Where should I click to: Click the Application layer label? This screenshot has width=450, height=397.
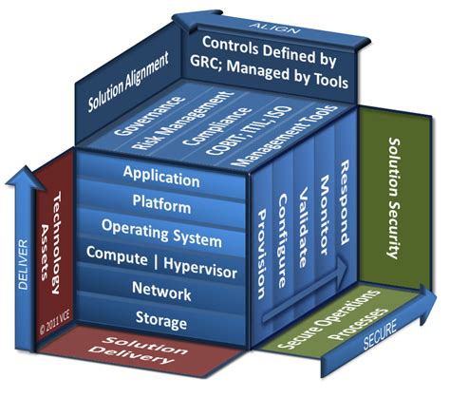pos(161,177)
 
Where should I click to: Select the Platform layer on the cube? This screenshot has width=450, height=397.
pos(161,204)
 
